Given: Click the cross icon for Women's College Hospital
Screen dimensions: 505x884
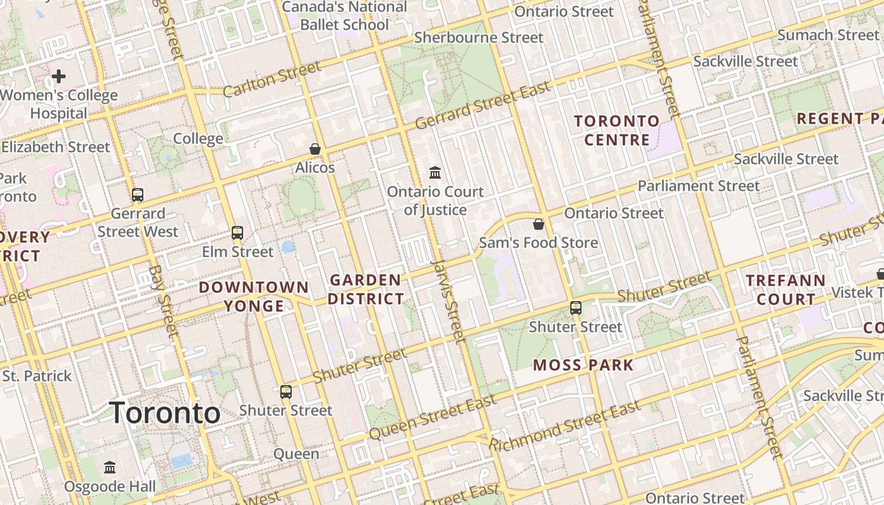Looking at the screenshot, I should (59, 77).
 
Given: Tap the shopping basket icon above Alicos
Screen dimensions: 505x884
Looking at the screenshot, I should (314, 149).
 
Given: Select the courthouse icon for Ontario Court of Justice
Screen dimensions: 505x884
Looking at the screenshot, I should (435, 172).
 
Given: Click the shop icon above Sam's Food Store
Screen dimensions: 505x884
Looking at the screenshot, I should (539, 224).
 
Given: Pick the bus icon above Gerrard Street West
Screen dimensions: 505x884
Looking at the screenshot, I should (138, 195).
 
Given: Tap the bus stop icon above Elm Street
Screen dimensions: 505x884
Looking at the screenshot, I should (237, 233).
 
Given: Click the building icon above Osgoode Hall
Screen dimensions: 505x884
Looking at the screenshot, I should (110, 468).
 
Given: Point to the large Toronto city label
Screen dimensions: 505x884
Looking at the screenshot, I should (165, 413).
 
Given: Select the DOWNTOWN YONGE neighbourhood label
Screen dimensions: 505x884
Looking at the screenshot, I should (254, 297).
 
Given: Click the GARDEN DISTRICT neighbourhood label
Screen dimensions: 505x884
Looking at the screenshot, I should (366, 289).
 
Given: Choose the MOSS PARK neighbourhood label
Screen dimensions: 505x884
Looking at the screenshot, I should (583, 365).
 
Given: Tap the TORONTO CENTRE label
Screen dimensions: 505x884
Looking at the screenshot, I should (616, 130).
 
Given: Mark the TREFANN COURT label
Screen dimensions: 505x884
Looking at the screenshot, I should (785, 290).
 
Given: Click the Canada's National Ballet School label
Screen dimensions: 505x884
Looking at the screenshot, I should (344, 16).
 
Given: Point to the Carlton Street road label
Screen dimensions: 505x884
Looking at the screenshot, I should (272, 80).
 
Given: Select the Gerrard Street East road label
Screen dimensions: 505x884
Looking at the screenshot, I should (483, 105).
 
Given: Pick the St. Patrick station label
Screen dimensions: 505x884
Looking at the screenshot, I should (37, 376).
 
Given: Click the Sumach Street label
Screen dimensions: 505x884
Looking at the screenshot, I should (828, 35).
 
